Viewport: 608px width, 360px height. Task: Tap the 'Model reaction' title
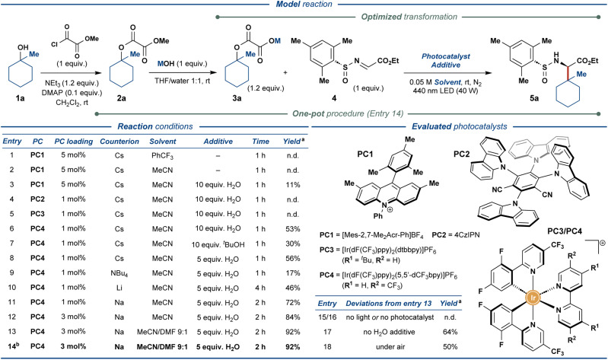(303, 5)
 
